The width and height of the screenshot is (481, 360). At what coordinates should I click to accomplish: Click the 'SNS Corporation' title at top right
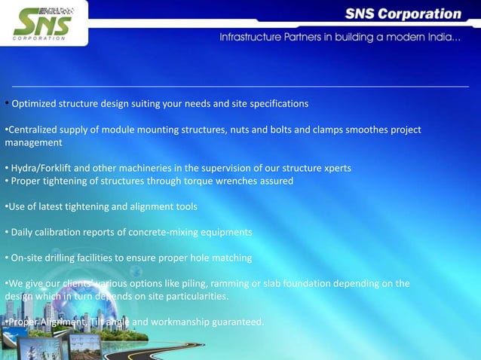[x=404, y=14]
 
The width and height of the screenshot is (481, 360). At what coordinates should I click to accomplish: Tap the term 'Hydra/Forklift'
[x=41, y=167]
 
